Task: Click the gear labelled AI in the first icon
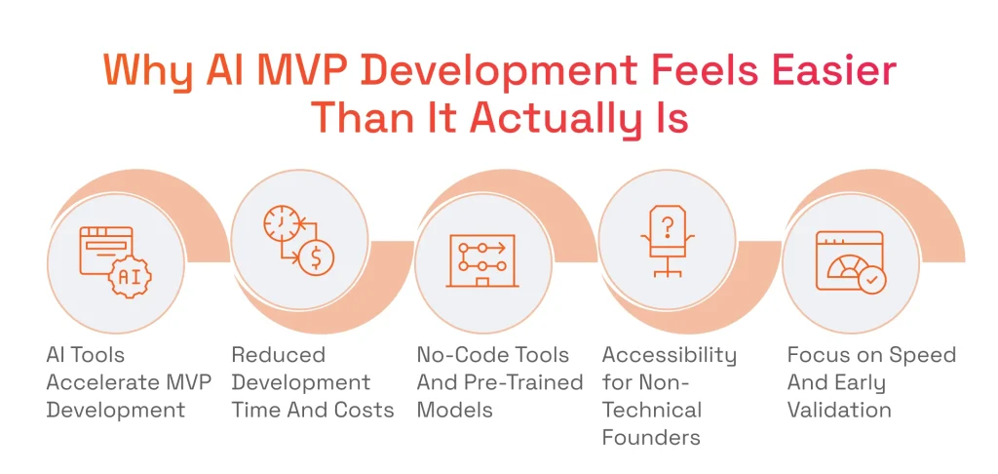(x=128, y=276)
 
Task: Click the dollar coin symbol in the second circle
(x=317, y=258)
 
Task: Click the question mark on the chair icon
(x=667, y=228)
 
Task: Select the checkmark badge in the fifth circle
(x=872, y=281)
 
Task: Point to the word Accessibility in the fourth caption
(x=669, y=354)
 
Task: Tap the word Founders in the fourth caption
(x=651, y=436)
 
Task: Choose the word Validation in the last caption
(x=838, y=409)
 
